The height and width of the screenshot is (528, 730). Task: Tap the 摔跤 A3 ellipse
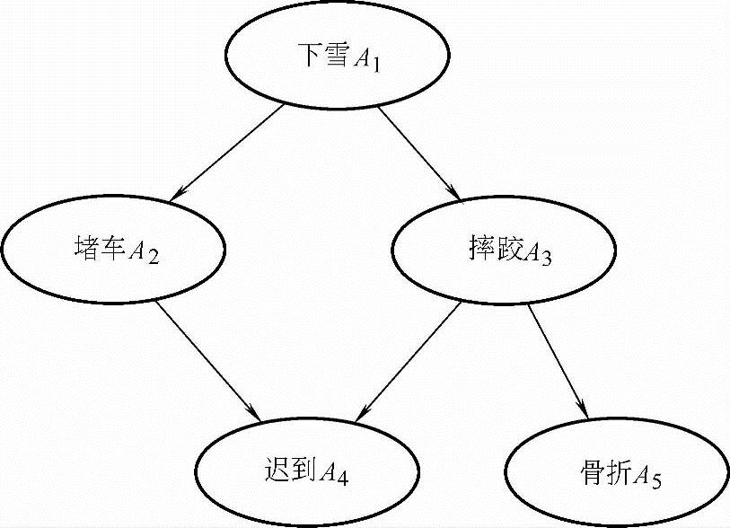click(x=503, y=252)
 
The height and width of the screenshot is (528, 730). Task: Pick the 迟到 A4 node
click(x=306, y=471)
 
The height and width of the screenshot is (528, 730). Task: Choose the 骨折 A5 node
click(x=617, y=471)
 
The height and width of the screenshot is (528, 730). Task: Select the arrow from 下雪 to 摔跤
click(x=419, y=151)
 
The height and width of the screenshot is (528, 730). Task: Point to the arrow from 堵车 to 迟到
click(x=207, y=360)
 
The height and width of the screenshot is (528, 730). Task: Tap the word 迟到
click(x=287, y=470)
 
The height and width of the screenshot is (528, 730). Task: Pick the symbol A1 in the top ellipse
click(x=368, y=61)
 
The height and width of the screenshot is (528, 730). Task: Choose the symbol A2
click(x=145, y=253)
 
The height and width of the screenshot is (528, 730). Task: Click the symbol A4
click(x=336, y=472)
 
